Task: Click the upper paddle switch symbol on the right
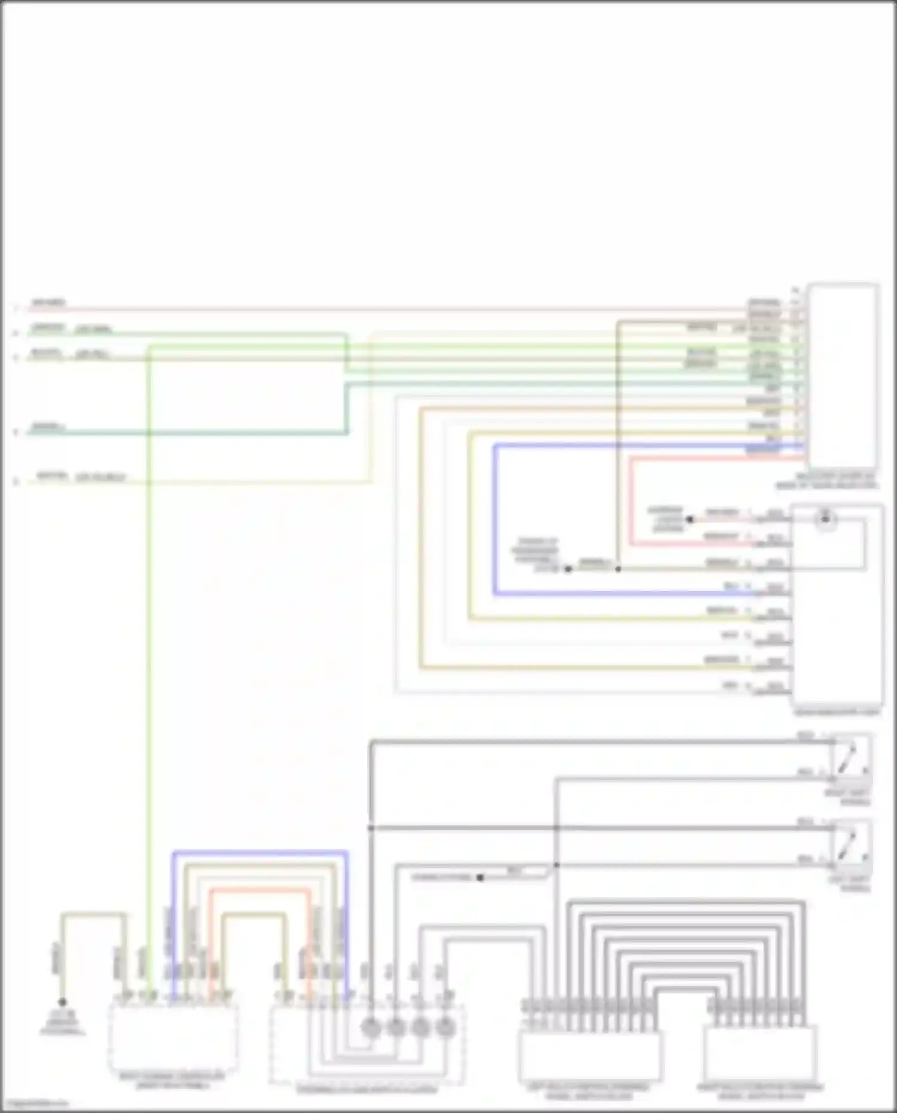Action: [x=852, y=757]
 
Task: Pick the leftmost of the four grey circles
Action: [x=371, y=1028]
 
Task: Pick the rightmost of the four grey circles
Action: [x=444, y=1028]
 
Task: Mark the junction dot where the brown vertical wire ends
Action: [x=618, y=569]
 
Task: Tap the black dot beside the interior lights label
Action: [x=689, y=519]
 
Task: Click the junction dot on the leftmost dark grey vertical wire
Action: [x=371, y=828]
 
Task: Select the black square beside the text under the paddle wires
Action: [x=480, y=877]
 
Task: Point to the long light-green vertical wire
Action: [x=148, y=658]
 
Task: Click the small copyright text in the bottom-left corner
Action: [x=36, y=1104]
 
